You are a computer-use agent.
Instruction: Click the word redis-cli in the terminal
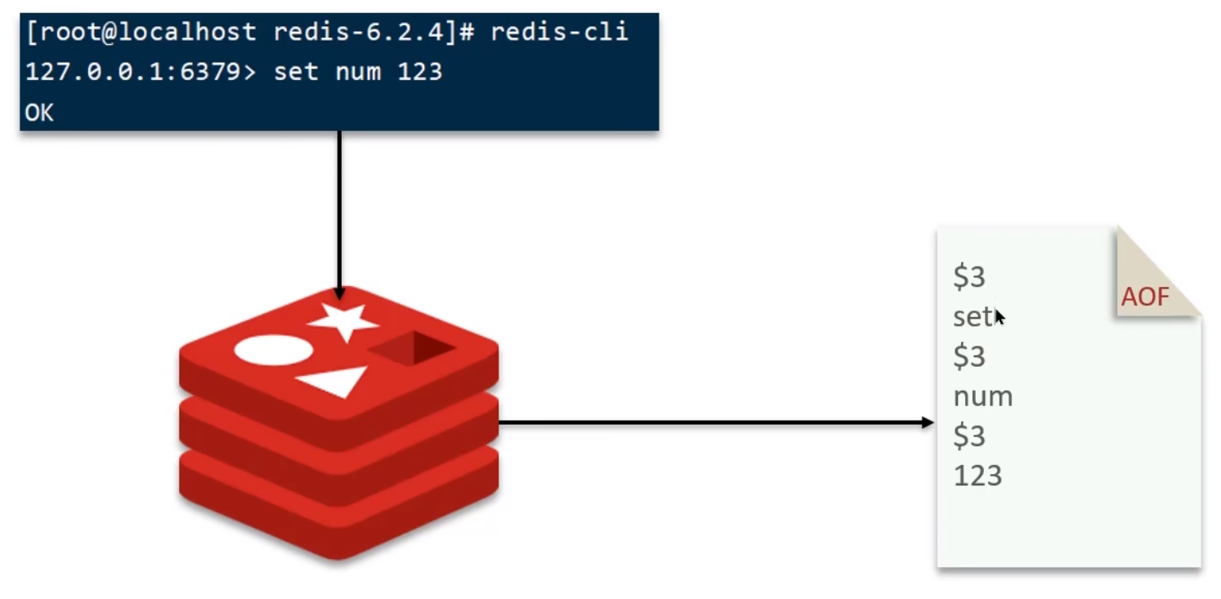point(559,32)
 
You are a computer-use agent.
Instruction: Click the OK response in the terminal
point(39,113)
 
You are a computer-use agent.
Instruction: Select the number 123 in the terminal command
point(419,72)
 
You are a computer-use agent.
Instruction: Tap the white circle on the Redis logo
point(274,350)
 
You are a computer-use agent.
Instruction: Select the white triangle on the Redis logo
point(333,381)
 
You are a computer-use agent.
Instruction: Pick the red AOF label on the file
point(1145,297)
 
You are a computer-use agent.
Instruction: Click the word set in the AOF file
point(972,316)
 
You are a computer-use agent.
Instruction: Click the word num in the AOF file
point(982,396)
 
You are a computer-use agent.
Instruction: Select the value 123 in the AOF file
point(977,476)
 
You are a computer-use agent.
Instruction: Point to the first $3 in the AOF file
point(969,277)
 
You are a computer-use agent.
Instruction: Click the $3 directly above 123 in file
point(969,436)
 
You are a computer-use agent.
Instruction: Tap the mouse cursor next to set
point(1000,317)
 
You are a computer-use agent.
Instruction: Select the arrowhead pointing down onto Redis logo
point(339,293)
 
